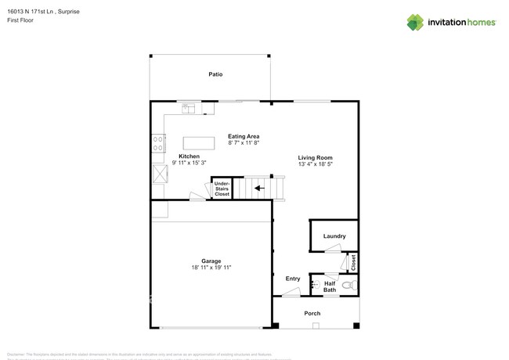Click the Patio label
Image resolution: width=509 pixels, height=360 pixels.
pos(215,74)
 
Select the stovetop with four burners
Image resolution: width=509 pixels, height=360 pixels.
pos(158,143)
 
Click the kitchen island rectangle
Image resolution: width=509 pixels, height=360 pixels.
pos(199,143)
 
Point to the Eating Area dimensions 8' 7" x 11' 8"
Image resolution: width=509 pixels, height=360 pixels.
pos(244,143)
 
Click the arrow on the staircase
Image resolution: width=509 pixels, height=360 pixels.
pos(259,187)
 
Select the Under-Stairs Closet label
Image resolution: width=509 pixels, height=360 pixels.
pos(222,188)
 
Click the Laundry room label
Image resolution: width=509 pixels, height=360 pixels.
pos(334,236)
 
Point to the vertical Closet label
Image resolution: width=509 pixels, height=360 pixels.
pos(353,261)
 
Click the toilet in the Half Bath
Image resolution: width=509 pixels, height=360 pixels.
pos(349,286)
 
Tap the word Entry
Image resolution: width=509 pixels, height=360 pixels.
pos(293,279)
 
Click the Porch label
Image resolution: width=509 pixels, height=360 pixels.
pos(312,313)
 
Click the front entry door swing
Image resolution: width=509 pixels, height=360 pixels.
pos(291,293)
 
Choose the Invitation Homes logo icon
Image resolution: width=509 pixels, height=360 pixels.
pos(415,22)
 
